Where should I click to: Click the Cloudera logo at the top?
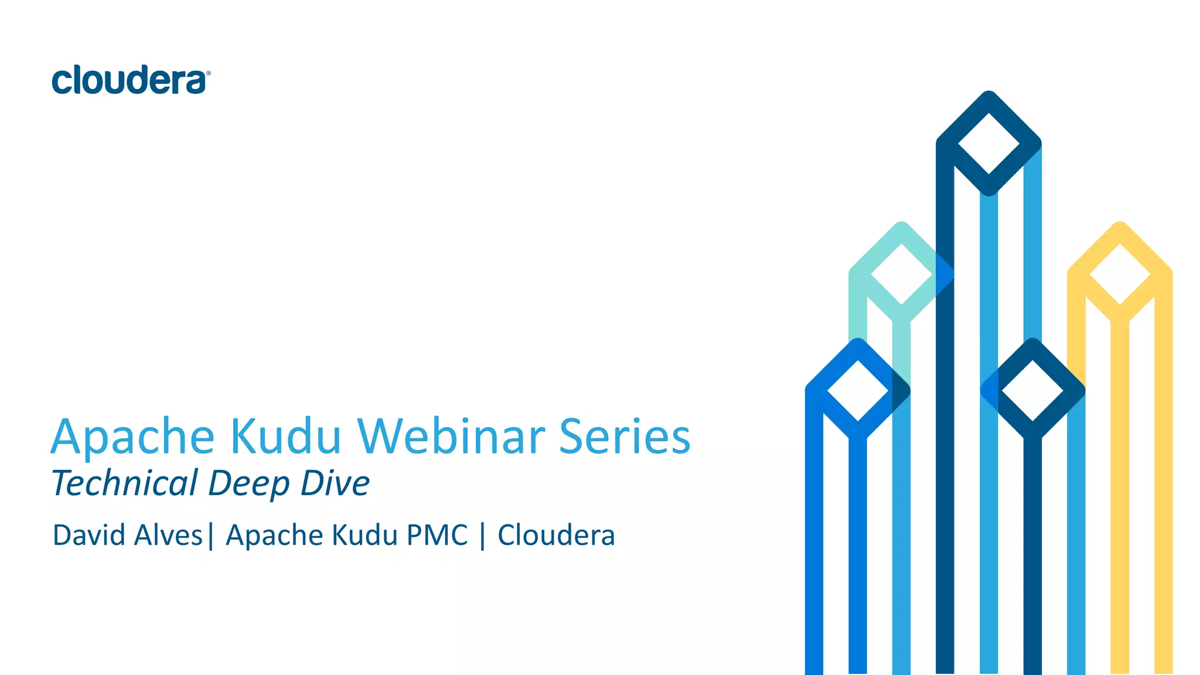(129, 80)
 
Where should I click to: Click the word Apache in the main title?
(133, 437)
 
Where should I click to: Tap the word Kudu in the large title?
(285, 437)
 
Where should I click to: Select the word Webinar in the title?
(451, 437)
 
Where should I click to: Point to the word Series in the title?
(625, 437)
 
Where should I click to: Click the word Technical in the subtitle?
(125, 483)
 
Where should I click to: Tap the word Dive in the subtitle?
(335, 483)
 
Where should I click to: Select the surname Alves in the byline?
(169, 535)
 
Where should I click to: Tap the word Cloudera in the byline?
(556, 535)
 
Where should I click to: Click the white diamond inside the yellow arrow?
(1120, 274)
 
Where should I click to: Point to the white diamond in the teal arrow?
(901, 274)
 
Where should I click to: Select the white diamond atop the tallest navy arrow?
(988, 144)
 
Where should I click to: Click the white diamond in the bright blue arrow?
(858, 390)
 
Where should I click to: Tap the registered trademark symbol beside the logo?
(209, 73)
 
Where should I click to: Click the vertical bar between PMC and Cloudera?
(482, 536)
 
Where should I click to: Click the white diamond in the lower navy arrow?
(1032, 390)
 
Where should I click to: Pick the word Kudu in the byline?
(364, 535)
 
